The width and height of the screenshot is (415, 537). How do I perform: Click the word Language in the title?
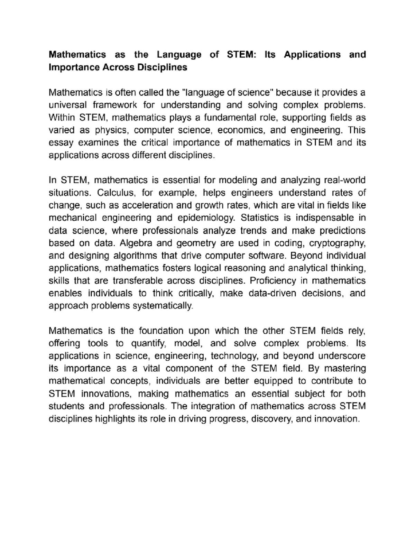(178, 55)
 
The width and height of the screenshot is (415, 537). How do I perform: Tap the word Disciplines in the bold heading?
(162, 67)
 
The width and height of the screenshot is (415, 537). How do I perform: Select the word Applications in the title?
(312, 55)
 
